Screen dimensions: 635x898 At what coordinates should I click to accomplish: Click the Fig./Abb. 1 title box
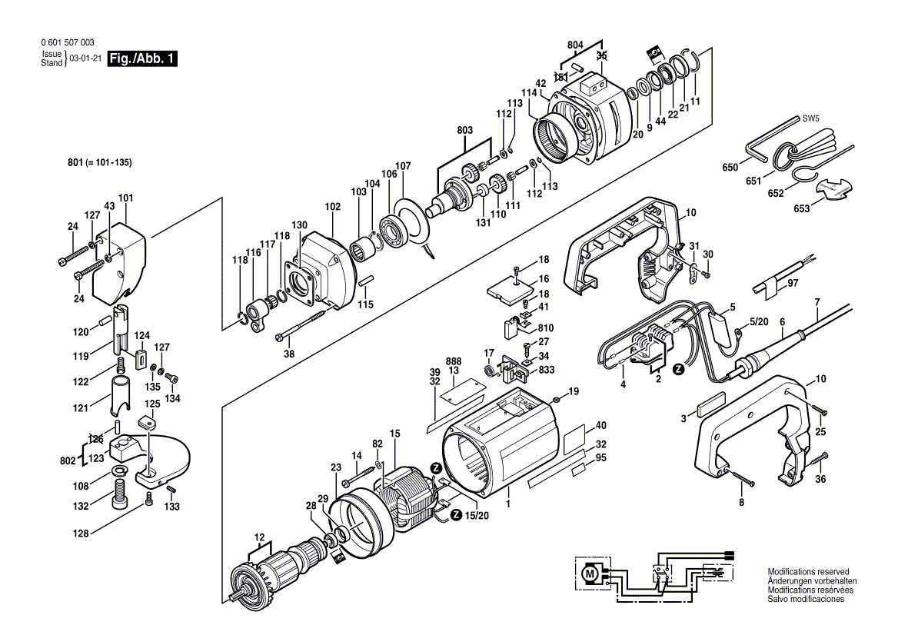point(143,59)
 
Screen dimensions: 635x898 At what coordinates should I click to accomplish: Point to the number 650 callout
point(730,167)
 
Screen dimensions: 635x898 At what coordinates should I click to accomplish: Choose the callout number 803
point(465,132)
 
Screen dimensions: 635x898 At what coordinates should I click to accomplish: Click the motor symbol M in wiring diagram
point(590,572)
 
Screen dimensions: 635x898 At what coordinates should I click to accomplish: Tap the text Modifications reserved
point(808,572)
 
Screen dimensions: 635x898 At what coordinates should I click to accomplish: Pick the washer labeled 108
point(121,470)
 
